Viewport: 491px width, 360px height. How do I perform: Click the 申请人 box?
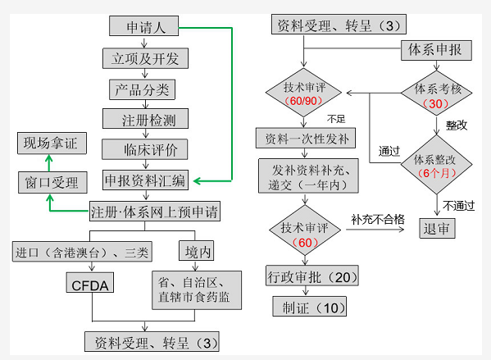[143, 26]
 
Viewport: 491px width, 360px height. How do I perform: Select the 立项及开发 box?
[145, 58]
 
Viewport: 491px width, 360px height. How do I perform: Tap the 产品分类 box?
[142, 89]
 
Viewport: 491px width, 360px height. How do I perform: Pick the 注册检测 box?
[145, 118]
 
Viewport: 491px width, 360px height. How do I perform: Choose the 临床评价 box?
[144, 149]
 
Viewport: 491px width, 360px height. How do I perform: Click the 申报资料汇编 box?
[145, 180]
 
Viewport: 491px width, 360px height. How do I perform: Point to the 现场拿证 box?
[52, 144]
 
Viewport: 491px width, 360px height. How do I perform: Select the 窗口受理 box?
[52, 182]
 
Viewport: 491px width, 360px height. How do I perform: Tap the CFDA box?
[90, 282]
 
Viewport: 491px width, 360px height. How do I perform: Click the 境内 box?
[197, 251]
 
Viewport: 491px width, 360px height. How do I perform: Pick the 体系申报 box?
[436, 50]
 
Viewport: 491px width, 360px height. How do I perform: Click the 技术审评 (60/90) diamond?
[303, 93]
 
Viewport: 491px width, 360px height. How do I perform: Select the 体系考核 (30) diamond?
[437, 93]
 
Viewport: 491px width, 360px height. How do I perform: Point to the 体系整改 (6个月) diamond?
[437, 165]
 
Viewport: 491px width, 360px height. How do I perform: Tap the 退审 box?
[437, 228]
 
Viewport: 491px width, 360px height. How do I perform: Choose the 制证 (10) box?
[309, 306]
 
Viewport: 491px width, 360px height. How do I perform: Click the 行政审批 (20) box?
[312, 276]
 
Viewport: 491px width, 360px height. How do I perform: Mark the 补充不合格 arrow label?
[378, 219]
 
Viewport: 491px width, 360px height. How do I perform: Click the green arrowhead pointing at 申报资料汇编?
[198, 180]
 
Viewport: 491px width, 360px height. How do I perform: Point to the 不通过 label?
[459, 206]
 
